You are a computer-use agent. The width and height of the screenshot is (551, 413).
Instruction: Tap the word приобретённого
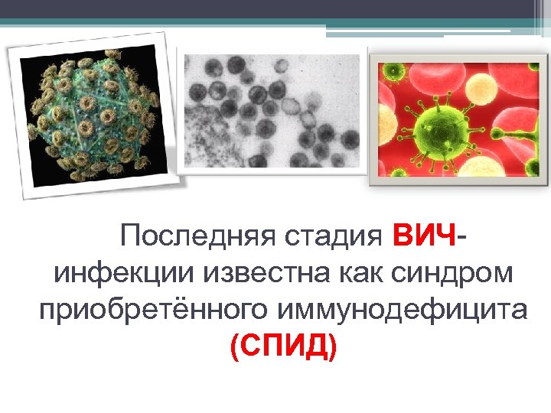click(x=153, y=311)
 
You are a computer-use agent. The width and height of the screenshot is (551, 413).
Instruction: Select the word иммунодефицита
click(x=403, y=311)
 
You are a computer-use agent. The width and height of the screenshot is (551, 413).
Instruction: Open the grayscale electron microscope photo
click(x=272, y=111)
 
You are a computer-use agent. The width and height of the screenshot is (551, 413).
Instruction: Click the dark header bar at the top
click(x=275, y=9)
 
